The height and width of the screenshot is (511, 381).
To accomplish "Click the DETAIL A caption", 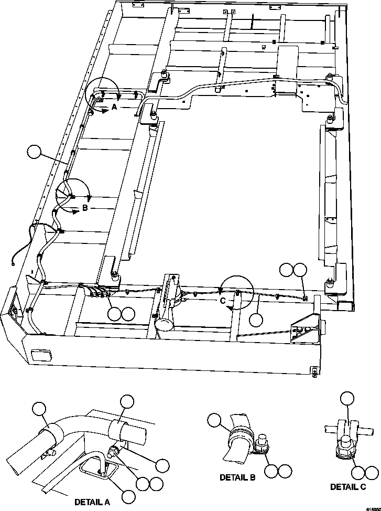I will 92,502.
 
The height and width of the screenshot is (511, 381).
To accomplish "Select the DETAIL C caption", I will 348,486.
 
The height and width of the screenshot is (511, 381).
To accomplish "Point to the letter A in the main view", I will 113,108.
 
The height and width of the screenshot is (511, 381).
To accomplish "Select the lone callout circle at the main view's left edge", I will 35,152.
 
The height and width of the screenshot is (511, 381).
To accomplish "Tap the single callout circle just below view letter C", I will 256,319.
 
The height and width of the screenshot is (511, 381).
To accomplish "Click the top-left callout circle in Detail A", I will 39,409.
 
